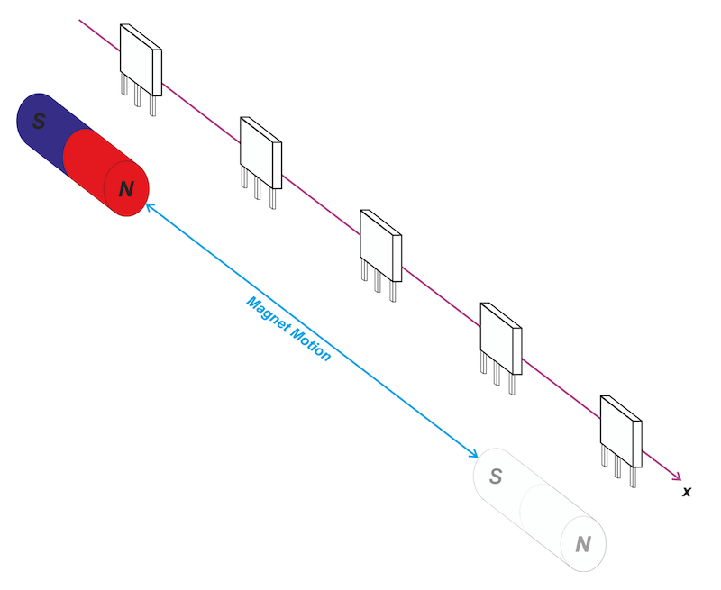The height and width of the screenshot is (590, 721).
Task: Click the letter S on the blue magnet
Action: (39, 121)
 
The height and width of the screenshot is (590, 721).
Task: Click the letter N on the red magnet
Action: (126, 189)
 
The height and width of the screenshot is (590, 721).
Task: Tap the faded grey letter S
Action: (495, 476)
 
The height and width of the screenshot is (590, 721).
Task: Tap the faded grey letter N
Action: (583, 544)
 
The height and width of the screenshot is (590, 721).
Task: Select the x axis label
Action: (687, 491)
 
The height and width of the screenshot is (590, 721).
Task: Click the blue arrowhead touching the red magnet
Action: (149, 207)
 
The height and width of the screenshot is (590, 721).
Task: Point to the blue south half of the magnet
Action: (45, 122)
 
